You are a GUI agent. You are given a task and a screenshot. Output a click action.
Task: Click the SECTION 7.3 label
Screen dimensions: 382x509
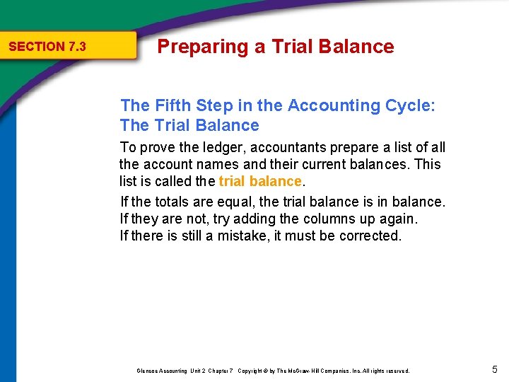47,47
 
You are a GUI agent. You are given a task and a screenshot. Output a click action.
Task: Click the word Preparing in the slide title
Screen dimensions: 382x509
192,47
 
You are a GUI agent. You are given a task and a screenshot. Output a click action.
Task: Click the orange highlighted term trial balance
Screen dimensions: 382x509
260,182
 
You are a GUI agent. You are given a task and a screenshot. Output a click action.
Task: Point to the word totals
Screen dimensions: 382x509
175,202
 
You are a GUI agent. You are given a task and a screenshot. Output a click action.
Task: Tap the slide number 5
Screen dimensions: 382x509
495,369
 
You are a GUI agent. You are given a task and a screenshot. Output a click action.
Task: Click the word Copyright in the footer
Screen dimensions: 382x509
252,371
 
